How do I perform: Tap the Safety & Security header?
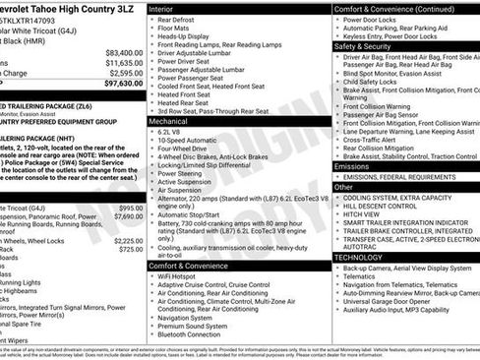[x=363, y=45]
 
